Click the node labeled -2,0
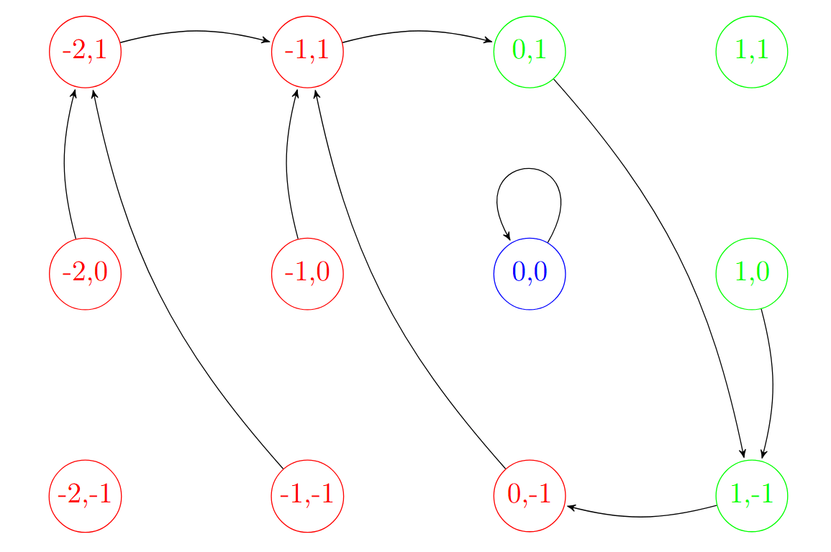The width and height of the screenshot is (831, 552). [x=85, y=274]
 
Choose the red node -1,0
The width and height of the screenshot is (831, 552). [x=307, y=274]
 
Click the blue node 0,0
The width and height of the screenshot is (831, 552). [x=530, y=274]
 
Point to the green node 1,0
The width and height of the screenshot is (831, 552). [x=752, y=274]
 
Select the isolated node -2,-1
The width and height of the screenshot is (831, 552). [x=85, y=496]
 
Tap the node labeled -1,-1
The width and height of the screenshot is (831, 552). [x=307, y=496]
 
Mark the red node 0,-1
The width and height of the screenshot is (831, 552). [x=530, y=496]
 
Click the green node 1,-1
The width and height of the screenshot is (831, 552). [x=752, y=496]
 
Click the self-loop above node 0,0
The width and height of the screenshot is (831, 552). [x=529, y=169]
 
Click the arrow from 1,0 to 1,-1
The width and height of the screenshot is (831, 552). [x=773, y=381]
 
